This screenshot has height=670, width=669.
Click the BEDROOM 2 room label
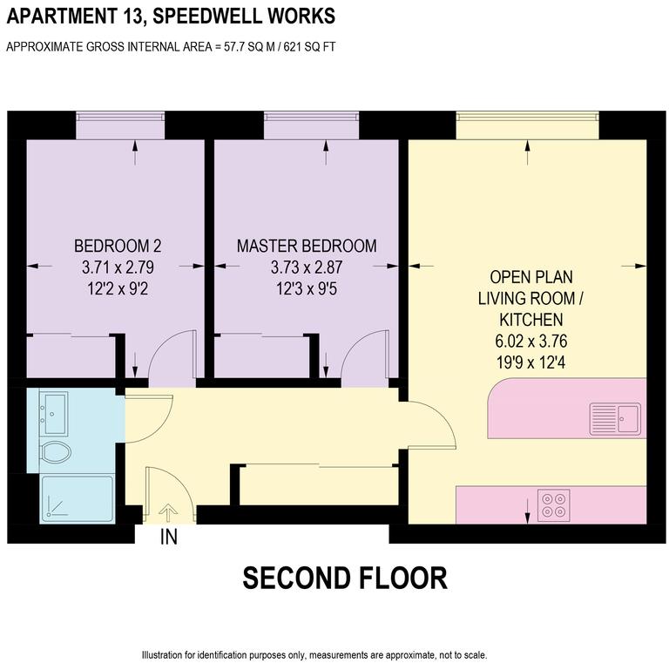pos(118,246)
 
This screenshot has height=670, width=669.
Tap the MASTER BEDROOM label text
pos(307,246)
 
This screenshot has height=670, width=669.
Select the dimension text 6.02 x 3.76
pos(531,339)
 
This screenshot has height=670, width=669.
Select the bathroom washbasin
pos(56,411)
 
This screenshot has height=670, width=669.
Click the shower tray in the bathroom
pos(77,498)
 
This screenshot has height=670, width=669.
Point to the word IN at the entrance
pos(169,538)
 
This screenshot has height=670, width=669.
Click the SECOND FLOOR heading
pos(344,578)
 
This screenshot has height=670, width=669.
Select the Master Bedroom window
pos(311,126)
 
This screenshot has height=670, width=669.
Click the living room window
pos(528,126)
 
